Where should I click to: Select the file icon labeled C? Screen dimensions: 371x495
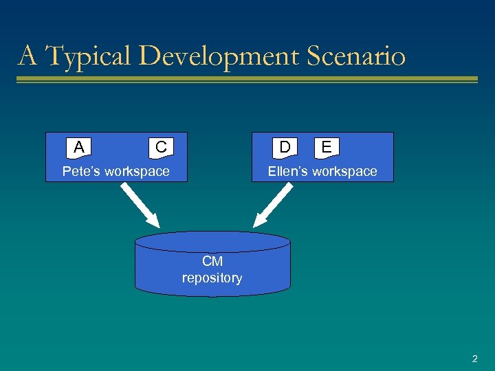point(160,147)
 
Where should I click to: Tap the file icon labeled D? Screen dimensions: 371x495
point(285,147)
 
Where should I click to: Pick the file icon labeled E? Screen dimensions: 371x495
point(327,147)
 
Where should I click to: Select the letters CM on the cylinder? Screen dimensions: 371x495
point(212,262)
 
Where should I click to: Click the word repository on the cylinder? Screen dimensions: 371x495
point(212,278)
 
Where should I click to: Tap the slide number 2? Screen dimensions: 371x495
point(474,359)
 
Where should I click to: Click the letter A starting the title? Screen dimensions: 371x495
point(27,56)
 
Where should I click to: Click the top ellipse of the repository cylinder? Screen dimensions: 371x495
point(212,241)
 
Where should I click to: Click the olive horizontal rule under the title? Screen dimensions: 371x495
point(247,80)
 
